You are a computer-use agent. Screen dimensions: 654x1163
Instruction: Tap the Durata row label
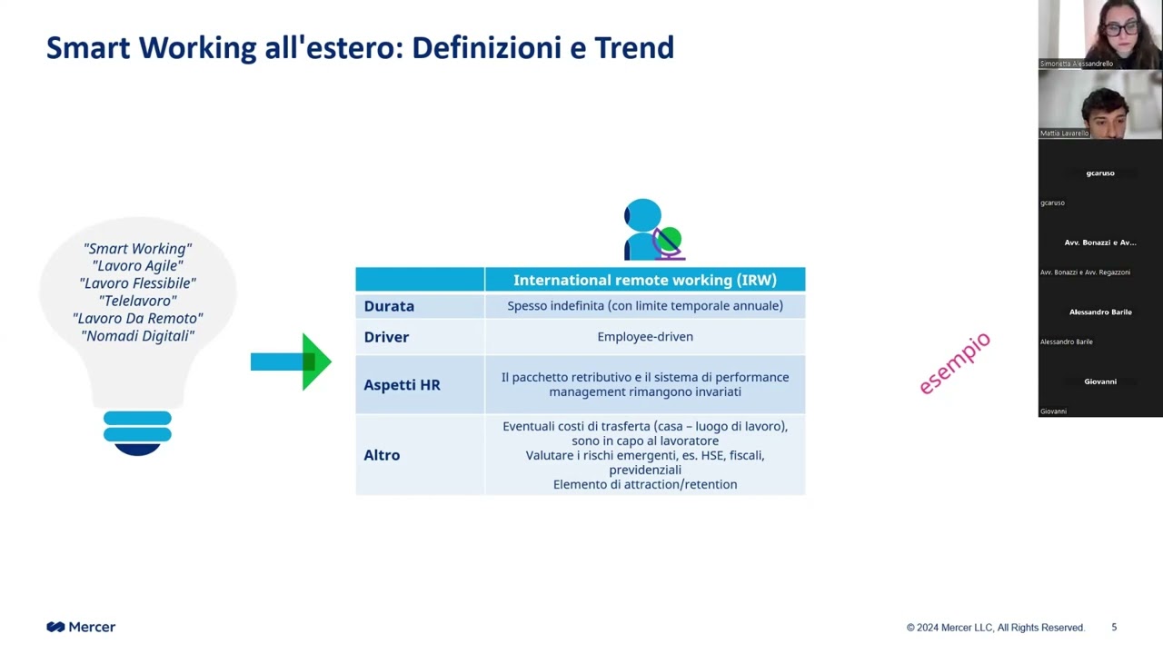(389, 306)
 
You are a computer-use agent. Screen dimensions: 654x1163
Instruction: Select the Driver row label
(386, 337)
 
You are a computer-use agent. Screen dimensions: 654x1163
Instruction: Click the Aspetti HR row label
(402, 385)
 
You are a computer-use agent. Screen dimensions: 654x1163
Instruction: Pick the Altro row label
(382, 455)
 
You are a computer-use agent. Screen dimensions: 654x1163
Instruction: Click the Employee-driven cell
(645, 337)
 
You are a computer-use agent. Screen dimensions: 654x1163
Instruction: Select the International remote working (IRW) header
(645, 280)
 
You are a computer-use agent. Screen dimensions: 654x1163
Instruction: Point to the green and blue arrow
(291, 362)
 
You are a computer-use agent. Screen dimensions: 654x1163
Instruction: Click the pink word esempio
(954, 363)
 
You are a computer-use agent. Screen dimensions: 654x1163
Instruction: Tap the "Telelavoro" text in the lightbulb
(137, 301)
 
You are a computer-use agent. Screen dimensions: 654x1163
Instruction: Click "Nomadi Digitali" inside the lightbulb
(137, 336)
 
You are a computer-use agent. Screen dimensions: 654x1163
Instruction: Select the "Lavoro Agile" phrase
(137, 266)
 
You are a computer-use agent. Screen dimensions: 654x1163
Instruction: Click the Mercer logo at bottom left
(81, 627)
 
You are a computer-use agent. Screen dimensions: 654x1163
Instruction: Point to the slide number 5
(1114, 627)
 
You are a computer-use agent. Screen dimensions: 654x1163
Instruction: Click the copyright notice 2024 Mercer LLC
(995, 628)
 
